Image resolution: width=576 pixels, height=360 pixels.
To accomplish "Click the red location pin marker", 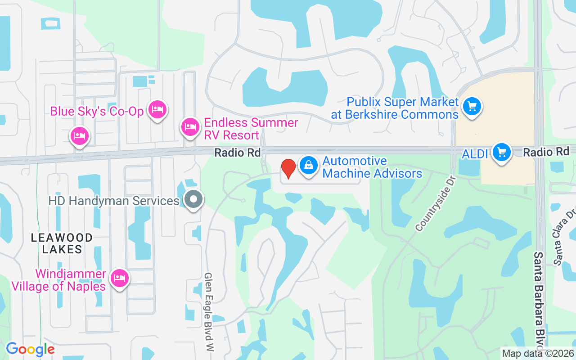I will (x=288, y=168).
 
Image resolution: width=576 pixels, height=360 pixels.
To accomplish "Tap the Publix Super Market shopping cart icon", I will (x=471, y=107).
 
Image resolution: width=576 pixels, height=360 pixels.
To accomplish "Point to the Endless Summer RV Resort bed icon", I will (x=190, y=127).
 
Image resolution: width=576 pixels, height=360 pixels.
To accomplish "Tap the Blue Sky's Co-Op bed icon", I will (x=157, y=109).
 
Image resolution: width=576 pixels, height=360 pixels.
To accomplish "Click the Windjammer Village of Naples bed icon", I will (x=119, y=278).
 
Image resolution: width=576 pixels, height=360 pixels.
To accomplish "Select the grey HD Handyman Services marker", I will (x=194, y=199).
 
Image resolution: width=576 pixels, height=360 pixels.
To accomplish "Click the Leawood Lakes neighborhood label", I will (x=62, y=243).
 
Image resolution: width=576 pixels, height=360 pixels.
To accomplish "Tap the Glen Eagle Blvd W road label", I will (x=208, y=311).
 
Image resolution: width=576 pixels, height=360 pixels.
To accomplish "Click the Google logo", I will (x=30, y=349).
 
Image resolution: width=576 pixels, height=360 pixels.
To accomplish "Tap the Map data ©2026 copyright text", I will (x=538, y=353).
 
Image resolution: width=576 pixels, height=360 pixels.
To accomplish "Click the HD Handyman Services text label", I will (x=114, y=201).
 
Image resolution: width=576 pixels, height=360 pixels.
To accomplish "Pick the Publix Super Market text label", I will (x=395, y=108).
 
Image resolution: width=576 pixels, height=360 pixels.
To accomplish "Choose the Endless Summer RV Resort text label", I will (x=251, y=129).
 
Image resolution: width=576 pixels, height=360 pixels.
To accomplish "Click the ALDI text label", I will (x=475, y=154).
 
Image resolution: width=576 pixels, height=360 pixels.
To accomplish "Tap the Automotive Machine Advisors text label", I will (x=372, y=167).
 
